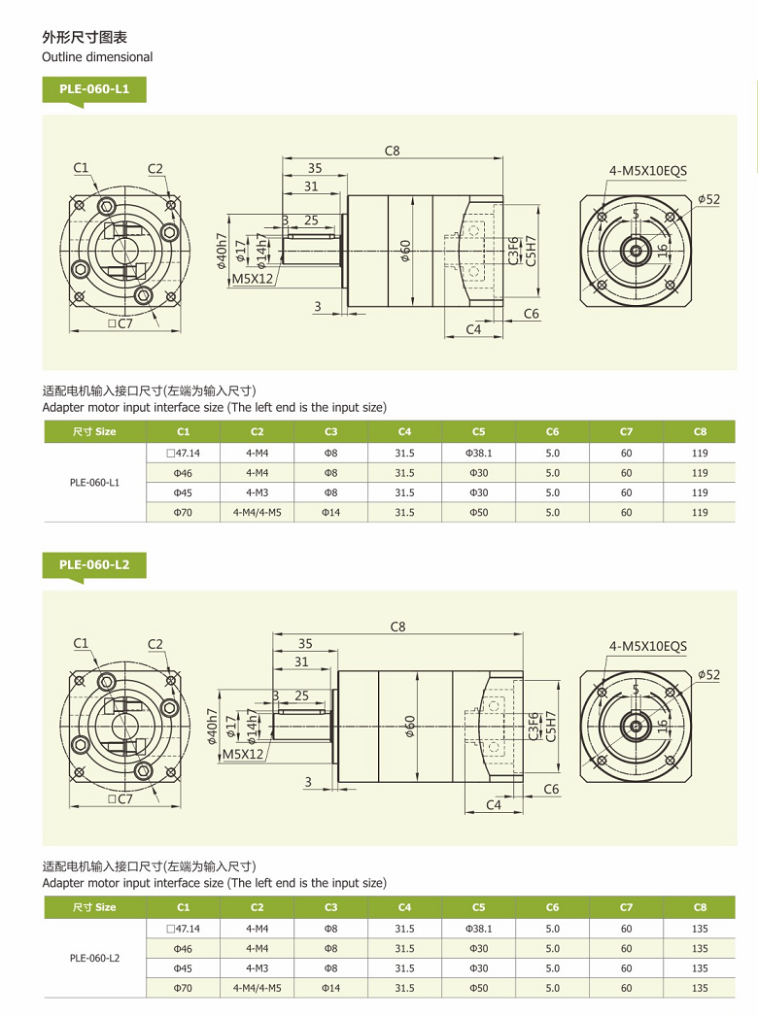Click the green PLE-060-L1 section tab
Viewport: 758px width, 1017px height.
click(94, 90)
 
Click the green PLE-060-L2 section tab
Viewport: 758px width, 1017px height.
click(94, 564)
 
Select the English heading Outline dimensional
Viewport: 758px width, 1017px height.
click(97, 56)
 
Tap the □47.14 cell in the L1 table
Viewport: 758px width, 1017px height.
click(183, 453)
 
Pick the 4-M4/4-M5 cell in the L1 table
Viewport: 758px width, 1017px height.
click(257, 512)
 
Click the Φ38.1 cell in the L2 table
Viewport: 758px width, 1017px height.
click(478, 929)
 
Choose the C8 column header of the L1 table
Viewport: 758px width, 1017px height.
click(700, 431)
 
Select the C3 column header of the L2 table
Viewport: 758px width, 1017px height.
click(330, 907)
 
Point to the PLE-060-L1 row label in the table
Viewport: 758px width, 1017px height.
click(94, 482)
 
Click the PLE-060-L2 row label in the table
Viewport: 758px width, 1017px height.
click(94, 958)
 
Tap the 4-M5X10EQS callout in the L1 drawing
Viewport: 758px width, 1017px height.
click(647, 170)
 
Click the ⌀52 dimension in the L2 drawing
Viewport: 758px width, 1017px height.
click(708, 674)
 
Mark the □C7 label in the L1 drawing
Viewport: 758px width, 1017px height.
click(121, 323)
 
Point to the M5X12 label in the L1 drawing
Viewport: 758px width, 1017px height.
click(253, 279)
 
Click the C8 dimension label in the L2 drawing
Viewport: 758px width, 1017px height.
click(397, 627)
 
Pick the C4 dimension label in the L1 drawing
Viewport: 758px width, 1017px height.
click(473, 329)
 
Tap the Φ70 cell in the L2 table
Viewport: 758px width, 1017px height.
click(183, 988)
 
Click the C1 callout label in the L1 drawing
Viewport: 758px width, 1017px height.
click(81, 168)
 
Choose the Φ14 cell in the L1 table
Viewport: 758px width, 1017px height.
click(330, 512)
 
